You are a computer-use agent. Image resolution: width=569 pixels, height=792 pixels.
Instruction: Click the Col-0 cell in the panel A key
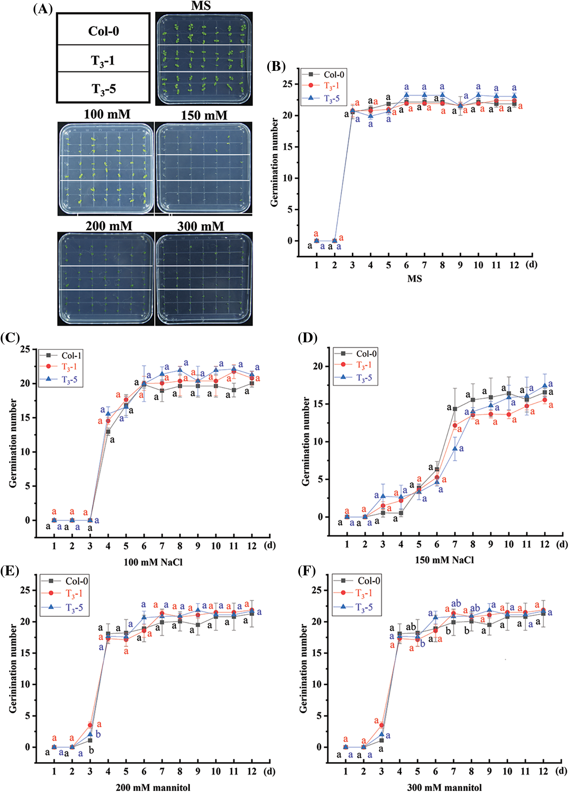pos(103,31)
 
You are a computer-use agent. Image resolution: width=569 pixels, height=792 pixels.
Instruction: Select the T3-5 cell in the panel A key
pos(103,89)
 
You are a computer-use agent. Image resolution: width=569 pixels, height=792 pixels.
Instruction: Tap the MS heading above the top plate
pos(201,6)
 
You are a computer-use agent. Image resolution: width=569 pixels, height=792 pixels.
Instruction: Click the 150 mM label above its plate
pos(204,115)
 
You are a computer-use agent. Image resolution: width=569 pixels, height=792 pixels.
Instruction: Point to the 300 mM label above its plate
pos(200,226)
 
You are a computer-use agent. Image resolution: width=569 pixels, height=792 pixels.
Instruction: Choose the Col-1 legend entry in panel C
pos(71,356)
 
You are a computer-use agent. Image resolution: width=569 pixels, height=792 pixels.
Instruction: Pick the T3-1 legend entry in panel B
pos(331,86)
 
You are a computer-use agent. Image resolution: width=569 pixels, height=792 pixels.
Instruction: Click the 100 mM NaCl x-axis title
pos(153,562)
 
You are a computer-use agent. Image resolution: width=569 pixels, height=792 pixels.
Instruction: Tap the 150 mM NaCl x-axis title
pos(444,560)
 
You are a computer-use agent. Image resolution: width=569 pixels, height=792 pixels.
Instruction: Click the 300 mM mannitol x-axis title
pos(444,787)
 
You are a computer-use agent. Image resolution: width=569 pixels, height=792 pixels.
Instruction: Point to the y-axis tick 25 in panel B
pos(289,84)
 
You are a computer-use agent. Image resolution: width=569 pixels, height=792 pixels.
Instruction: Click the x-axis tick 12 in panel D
pos(545,544)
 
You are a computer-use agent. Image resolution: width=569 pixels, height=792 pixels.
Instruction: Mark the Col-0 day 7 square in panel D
pos(455,409)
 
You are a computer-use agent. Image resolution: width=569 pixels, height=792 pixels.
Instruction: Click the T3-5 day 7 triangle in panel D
pos(455,448)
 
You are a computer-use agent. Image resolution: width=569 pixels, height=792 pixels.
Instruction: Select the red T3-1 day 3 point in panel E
pos(90,725)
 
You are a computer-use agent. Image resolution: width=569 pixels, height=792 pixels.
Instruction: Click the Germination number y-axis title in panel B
pos(275,162)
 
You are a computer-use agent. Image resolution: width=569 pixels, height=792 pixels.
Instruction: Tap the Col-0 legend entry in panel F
pos(369,581)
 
